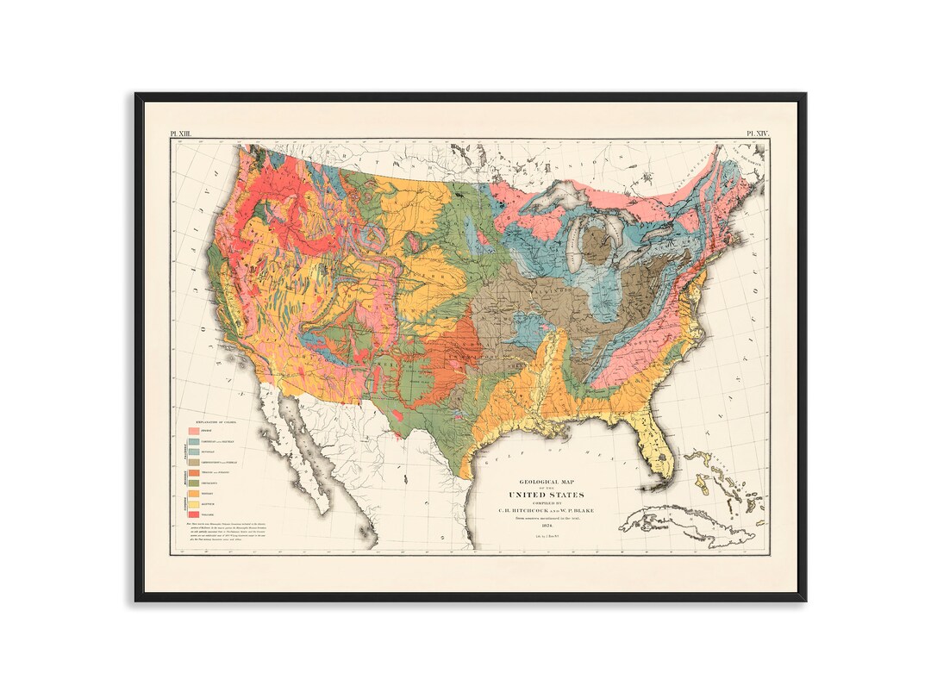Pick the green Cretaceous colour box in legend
(194, 482)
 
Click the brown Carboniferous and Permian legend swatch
(194, 461)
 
